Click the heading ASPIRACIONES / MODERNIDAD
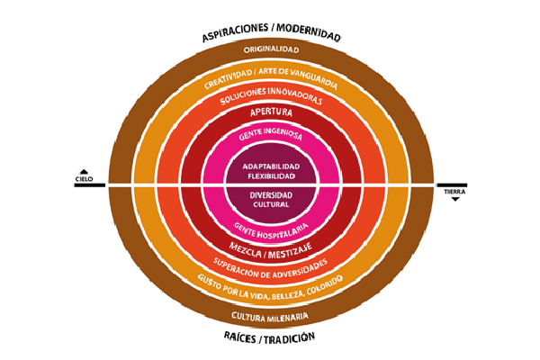(271, 37)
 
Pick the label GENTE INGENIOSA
(271, 136)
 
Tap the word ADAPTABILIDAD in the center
(271, 166)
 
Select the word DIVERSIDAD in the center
(271, 195)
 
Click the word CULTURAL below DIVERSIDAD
(271, 204)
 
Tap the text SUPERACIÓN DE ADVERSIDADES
(271, 265)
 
